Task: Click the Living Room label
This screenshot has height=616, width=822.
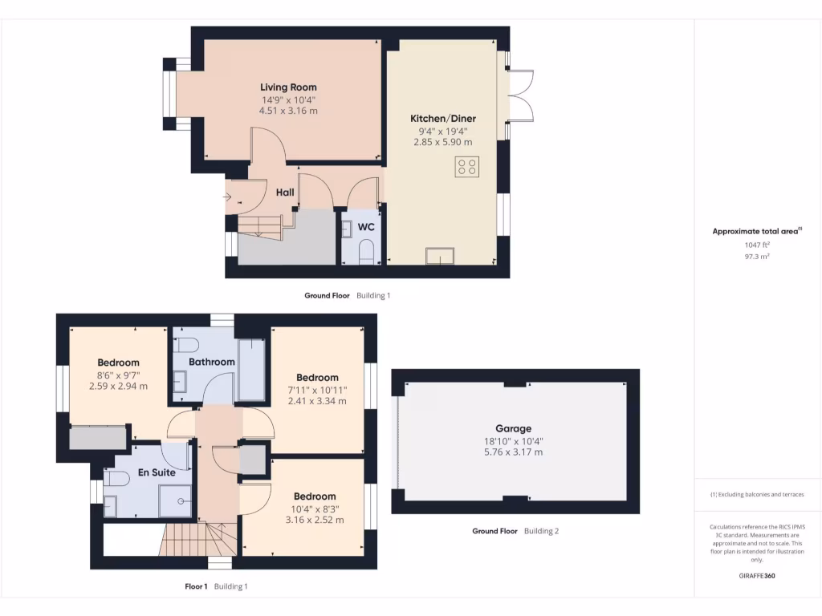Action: [288, 87]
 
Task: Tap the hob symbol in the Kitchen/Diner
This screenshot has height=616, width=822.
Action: [467, 167]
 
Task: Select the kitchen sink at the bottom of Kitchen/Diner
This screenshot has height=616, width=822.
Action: [440, 256]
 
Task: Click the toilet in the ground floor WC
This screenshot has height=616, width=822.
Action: [366, 253]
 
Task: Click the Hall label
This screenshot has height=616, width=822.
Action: [285, 192]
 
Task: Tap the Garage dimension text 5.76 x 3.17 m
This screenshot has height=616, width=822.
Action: [513, 452]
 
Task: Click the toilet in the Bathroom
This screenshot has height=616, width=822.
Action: [187, 346]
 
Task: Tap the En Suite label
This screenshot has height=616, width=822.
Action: [157, 472]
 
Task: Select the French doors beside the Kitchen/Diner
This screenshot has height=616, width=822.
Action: [521, 97]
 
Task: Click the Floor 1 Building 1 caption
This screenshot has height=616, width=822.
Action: [216, 586]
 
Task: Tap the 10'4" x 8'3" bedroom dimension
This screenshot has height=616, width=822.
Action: [314, 509]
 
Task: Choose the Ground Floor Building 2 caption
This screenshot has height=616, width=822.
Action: [515, 531]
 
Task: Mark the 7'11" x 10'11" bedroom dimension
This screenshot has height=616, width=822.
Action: [317, 390]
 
